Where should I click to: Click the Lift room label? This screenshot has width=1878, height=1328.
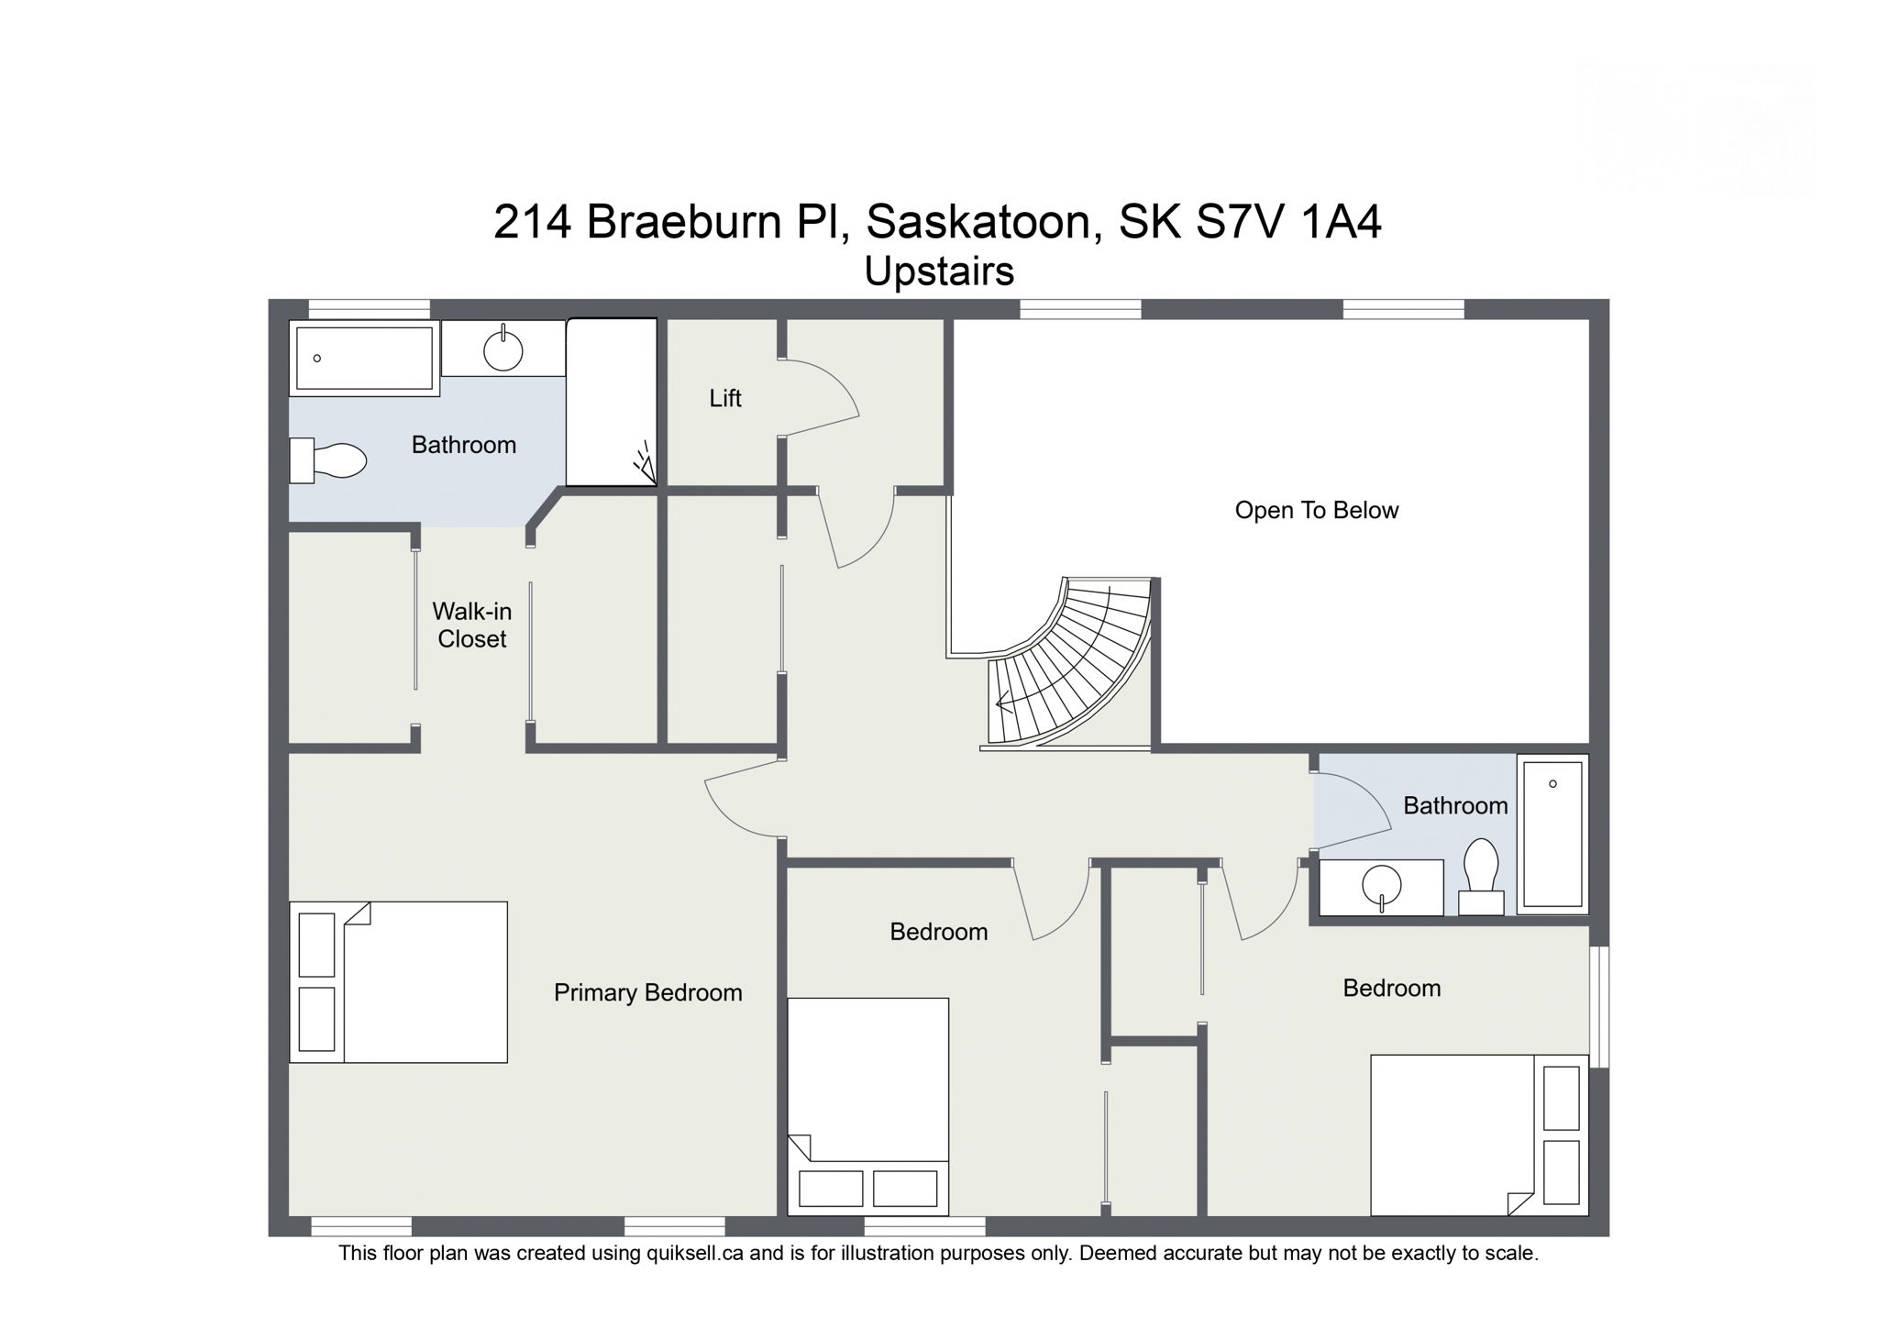(x=724, y=398)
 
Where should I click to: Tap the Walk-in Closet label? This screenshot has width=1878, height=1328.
(x=471, y=625)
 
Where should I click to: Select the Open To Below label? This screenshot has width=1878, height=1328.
(x=1316, y=510)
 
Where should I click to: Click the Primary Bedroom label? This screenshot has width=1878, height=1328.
(x=647, y=992)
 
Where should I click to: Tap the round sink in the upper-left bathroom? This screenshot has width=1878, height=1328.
(x=503, y=349)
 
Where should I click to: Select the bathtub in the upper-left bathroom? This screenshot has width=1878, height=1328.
(x=364, y=358)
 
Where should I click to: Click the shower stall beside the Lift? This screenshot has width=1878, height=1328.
(x=611, y=402)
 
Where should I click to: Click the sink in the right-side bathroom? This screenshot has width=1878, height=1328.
(x=1381, y=887)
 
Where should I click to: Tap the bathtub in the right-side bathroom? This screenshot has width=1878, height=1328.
(x=1552, y=833)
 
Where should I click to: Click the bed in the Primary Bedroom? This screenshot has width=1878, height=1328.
(x=399, y=982)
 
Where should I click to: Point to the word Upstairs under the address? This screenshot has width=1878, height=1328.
(x=939, y=271)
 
